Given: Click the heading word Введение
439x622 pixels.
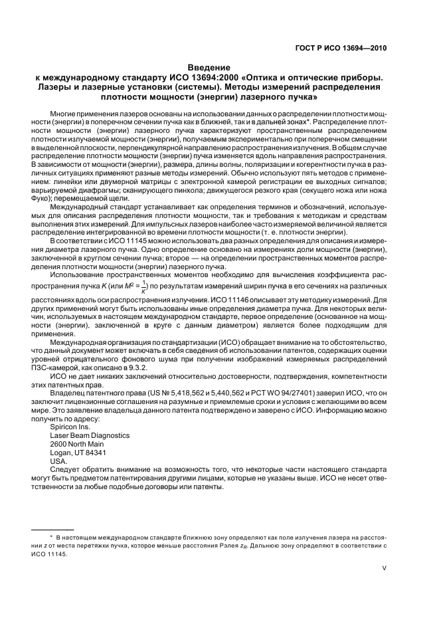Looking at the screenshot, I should pyautogui.click(x=209, y=68).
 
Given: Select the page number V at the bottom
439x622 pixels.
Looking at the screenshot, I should pyautogui.click(x=385, y=568).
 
